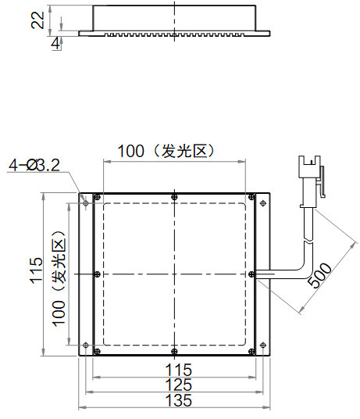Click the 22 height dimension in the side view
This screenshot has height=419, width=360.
[x=37, y=20]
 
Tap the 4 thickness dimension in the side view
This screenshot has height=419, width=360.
[x=55, y=44]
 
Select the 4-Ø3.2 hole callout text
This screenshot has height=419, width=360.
[x=34, y=165]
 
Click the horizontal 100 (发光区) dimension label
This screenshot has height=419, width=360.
[x=166, y=151]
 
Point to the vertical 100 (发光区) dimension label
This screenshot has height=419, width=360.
[x=59, y=278]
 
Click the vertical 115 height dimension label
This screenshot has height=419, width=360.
[x=36, y=270]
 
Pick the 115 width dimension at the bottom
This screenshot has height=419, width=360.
[x=179, y=370]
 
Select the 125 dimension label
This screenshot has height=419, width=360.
[x=179, y=385]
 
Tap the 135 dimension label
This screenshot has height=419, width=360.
[x=179, y=400]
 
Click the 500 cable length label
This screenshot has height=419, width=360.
[x=320, y=275]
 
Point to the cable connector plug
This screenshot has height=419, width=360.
[x=312, y=181]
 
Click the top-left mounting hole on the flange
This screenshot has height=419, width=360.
[x=86, y=203]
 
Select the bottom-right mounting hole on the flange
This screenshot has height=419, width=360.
[x=263, y=345]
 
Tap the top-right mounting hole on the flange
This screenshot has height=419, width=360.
[x=263, y=203]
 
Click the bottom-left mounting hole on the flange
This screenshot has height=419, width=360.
[x=86, y=345]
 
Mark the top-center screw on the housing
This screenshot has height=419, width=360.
[x=174, y=198]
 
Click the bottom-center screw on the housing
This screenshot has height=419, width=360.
[x=174, y=351]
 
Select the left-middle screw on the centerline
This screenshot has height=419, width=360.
[x=98, y=274]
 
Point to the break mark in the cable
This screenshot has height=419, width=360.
[x=309, y=242]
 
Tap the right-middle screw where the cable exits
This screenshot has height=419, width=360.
[x=251, y=274]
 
